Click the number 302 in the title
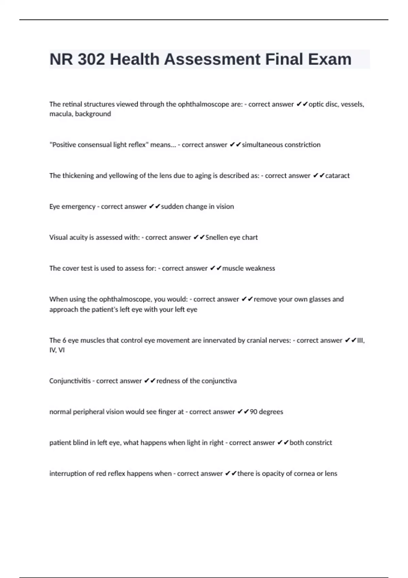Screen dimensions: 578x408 point(91,60)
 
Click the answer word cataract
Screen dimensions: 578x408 point(337,176)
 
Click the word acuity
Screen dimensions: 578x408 point(78,237)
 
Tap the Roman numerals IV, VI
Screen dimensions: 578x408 point(57,350)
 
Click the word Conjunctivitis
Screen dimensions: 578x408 point(70,381)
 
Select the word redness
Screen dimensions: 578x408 point(168,381)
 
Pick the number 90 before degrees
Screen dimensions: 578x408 point(254,412)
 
